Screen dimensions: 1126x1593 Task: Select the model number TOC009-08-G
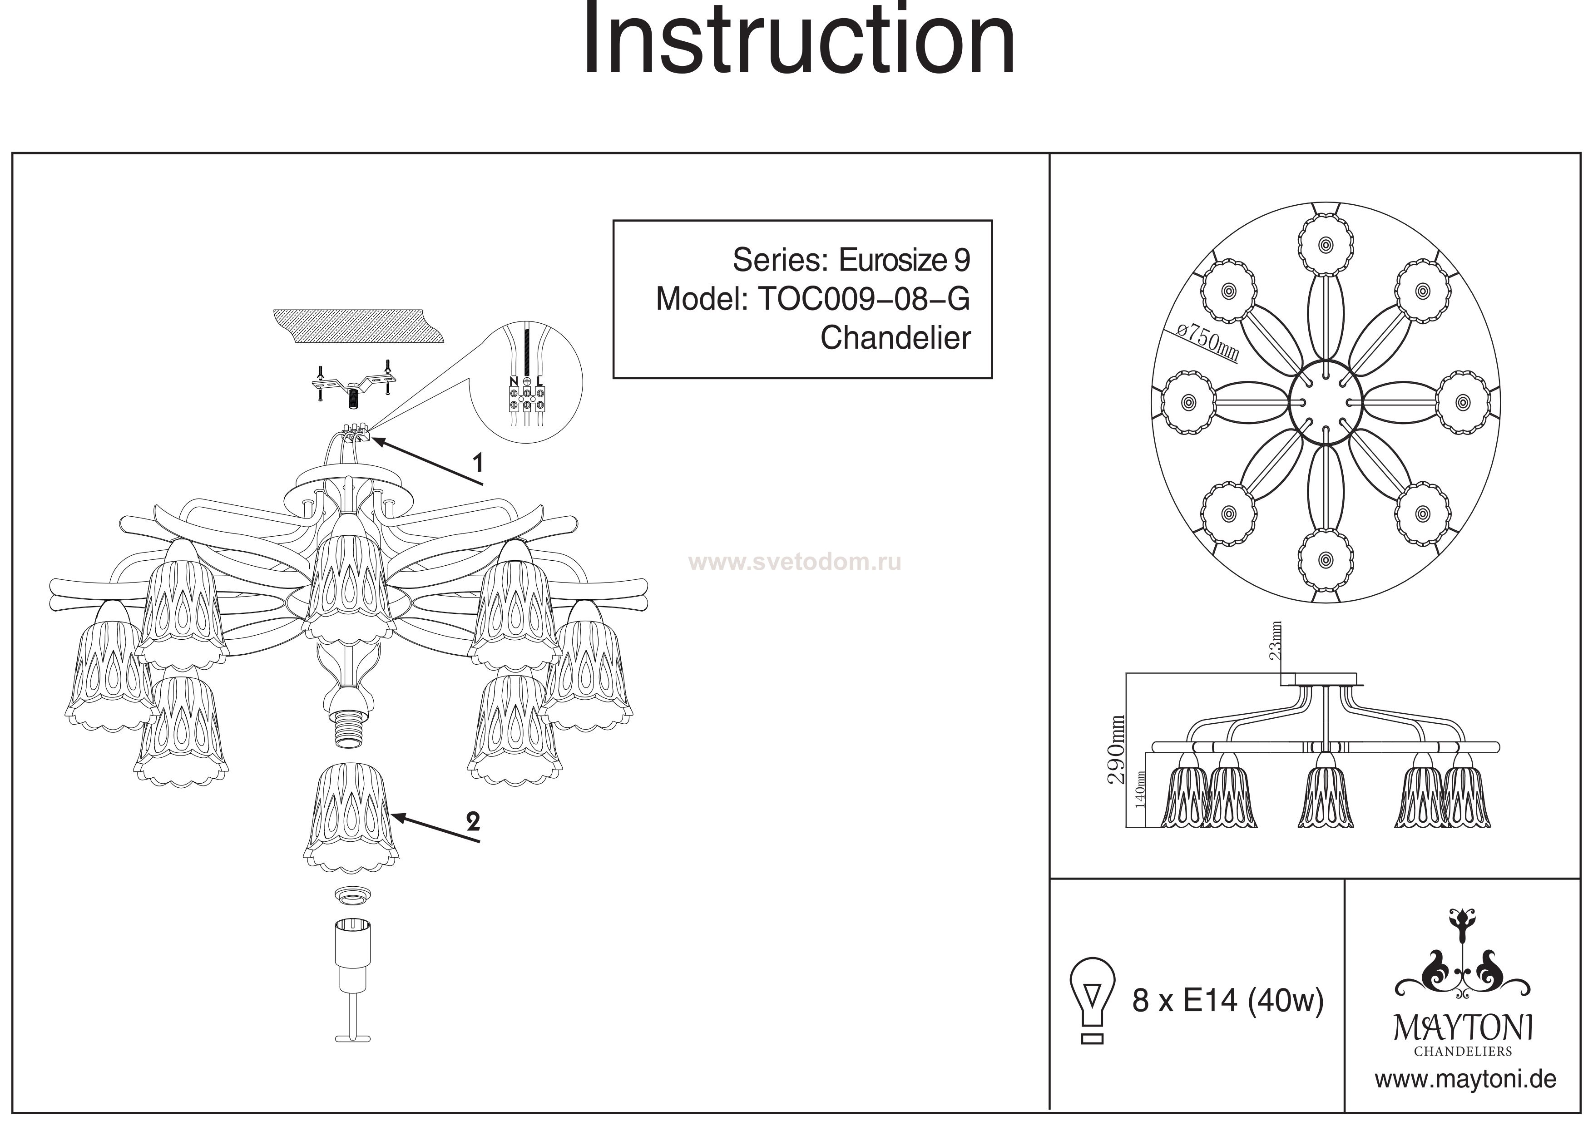click(x=865, y=299)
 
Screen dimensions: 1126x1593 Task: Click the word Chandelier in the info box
click(x=895, y=338)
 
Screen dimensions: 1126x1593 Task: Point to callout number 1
click(x=477, y=462)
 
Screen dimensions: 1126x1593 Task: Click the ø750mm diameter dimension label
click(x=1209, y=342)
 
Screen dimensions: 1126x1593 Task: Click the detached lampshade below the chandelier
click(x=351, y=817)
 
